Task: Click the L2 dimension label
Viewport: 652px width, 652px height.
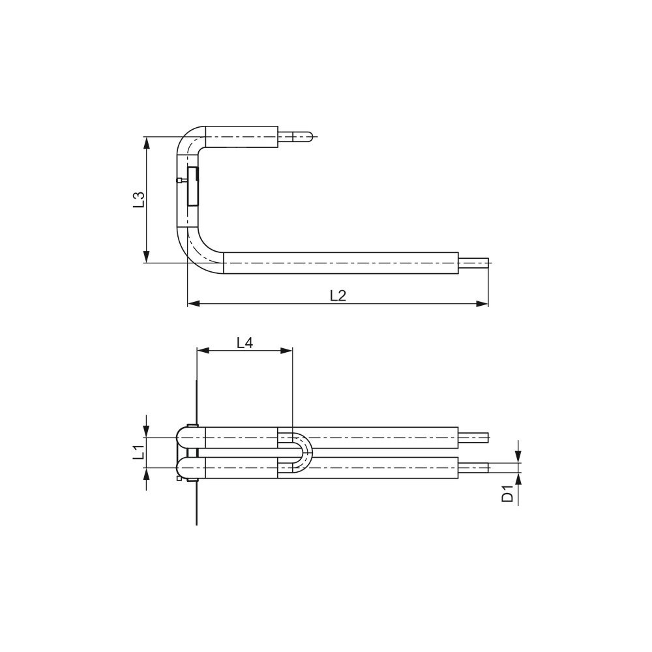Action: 338,295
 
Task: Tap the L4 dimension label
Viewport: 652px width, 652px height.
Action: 245,343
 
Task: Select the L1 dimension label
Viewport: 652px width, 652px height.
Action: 138,452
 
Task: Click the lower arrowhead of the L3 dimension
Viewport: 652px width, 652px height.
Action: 146,256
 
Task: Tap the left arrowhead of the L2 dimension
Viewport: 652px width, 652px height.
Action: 194,304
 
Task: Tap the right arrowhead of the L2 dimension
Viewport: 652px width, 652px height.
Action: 482,304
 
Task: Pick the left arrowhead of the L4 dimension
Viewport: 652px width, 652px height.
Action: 203,351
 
